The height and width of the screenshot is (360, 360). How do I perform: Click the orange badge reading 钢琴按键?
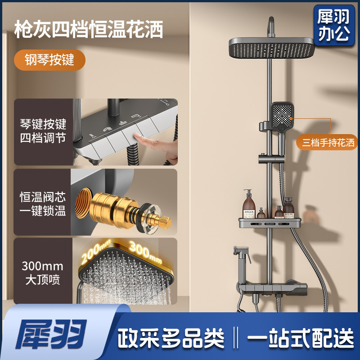click(49, 60)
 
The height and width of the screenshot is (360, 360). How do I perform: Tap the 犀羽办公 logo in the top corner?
click(334, 25)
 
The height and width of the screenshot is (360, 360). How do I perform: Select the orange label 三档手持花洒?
click(328, 143)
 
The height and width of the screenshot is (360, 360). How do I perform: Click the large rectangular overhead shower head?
click(272, 48)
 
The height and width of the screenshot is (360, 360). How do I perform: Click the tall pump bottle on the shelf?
click(249, 204)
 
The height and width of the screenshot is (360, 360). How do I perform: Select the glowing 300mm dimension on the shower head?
click(145, 252)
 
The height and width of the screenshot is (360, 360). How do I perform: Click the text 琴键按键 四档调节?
click(43, 131)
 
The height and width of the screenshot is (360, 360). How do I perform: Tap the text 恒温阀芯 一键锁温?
click(43, 204)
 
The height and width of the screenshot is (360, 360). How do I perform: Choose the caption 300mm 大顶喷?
click(43, 273)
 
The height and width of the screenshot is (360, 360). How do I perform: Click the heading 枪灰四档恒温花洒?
click(89, 29)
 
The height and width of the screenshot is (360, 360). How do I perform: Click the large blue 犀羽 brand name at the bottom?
click(51, 334)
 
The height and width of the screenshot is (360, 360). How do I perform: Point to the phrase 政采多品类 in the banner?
click(171, 338)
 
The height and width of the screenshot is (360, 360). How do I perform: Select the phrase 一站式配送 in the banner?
click(300, 338)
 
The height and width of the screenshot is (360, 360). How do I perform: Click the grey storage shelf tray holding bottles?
click(270, 223)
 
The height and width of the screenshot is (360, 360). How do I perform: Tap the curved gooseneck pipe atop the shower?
click(271, 27)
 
